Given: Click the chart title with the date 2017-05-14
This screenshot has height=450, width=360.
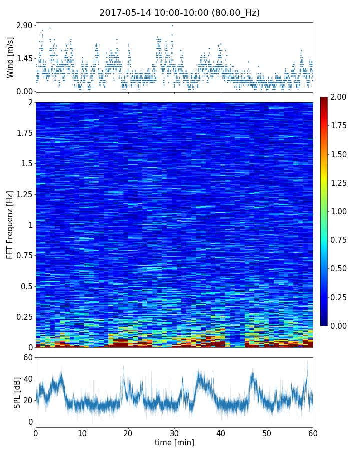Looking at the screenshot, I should point(179,13).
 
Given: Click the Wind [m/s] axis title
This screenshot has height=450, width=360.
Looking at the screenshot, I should point(10,57).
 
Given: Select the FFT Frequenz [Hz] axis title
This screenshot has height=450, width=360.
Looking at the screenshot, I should point(10,225).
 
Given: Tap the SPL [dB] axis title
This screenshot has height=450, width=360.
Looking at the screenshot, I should point(17,392).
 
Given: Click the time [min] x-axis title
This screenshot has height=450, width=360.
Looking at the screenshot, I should point(174,442).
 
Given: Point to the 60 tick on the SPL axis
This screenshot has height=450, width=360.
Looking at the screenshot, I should point(28,357).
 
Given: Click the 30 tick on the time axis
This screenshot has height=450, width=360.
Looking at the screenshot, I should point(174,433).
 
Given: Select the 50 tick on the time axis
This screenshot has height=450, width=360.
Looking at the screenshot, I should point(267,433).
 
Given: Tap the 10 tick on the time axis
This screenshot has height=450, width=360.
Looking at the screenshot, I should point(82,433).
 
